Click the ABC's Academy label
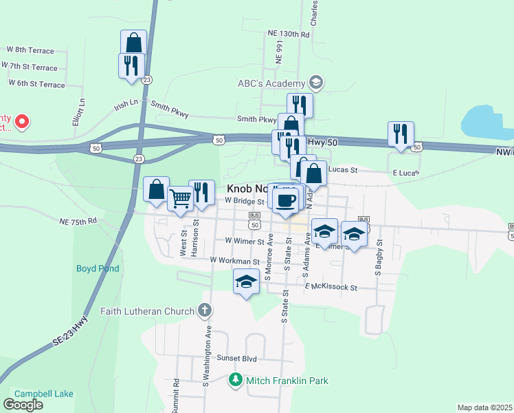270,84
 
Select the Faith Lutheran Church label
147,311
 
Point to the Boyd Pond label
98,268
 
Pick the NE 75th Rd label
78,222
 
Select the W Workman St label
235,261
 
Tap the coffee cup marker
285,200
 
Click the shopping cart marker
180,199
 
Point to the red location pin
21,123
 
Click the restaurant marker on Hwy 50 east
401,134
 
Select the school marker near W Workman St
246,282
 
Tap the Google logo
23,404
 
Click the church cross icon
203,311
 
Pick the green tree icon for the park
236,380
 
